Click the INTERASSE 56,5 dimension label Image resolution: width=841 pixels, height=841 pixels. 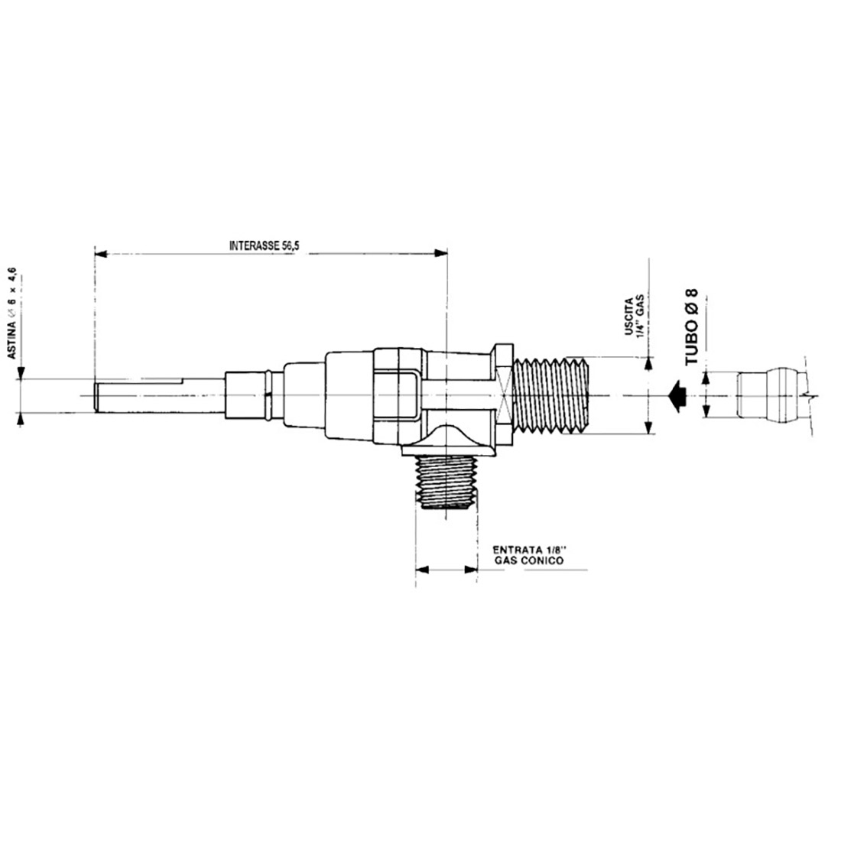point(267,246)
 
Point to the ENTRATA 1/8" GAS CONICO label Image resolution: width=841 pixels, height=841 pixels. point(529,554)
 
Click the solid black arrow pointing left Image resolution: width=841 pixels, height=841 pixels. point(674,395)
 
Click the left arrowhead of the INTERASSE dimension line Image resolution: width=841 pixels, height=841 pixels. point(100,251)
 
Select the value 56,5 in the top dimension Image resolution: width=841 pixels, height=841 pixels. point(293,246)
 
